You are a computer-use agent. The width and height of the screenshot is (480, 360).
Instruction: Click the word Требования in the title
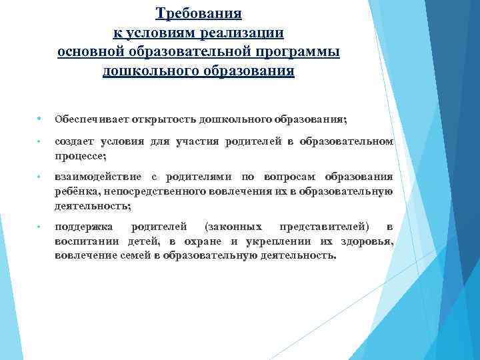tap(199, 13)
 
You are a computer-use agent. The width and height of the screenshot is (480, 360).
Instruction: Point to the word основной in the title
tap(91, 52)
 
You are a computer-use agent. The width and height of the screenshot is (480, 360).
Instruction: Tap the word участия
tap(199, 141)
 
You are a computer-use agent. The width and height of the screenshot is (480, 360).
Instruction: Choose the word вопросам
tap(293, 177)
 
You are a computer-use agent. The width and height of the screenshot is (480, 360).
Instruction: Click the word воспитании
tap(85, 241)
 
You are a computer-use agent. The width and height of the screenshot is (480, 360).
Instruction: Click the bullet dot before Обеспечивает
tap(40, 119)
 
